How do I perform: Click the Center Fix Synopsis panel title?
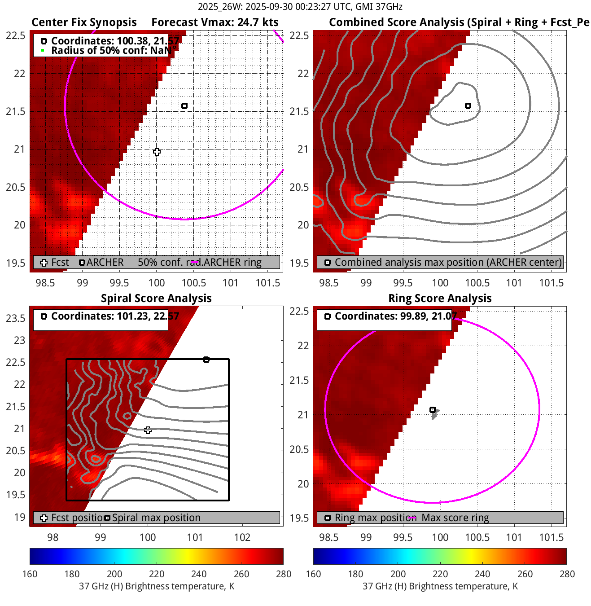pos(84,22)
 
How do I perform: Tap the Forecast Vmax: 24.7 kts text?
pos(215,22)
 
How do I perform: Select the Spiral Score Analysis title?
pos(156,299)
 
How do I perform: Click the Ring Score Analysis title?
pos(440,299)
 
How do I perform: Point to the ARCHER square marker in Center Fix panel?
pos(184,106)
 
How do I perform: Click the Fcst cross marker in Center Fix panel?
pos(157,152)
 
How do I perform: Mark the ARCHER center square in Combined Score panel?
pos(468,106)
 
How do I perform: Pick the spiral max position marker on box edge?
pos(206,360)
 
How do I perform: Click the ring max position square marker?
pos(433,410)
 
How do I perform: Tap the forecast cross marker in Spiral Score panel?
pos(148,430)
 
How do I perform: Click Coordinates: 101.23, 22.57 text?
pos(115,316)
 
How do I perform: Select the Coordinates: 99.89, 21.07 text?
pos(395,316)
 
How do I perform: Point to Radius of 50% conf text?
pos(110,50)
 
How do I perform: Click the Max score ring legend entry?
pos(455,518)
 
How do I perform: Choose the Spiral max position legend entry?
pos(156,518)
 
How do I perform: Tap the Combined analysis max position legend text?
pos(448,263)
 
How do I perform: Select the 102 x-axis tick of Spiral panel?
pos(242,537)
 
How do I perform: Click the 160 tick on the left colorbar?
pos(30,574)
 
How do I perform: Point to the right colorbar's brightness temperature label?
pos(440,586)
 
